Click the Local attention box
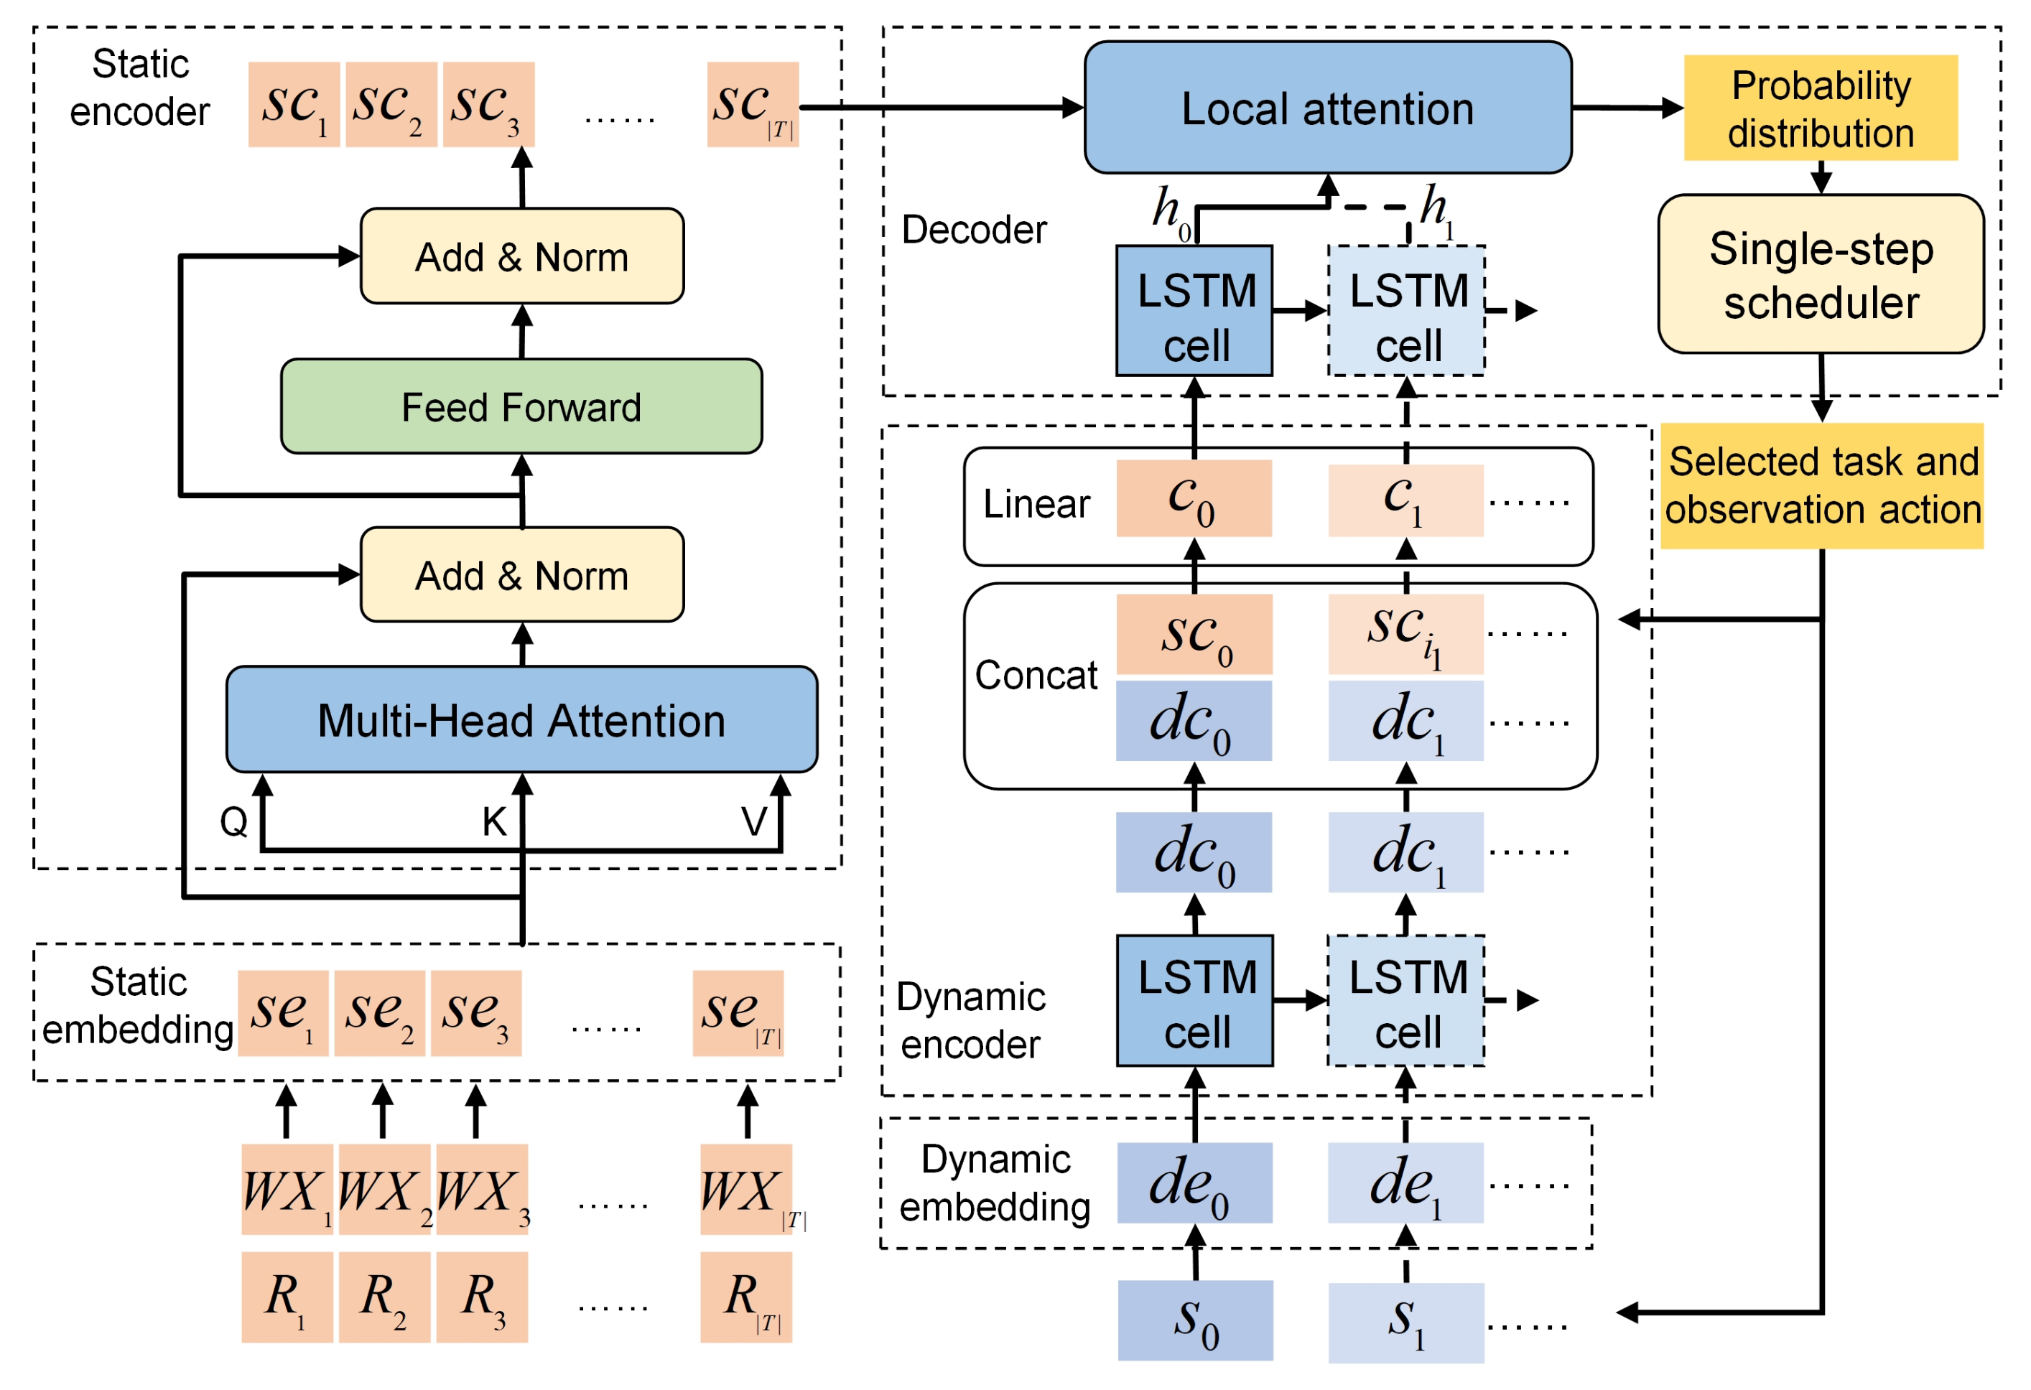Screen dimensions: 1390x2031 coord(1326,108)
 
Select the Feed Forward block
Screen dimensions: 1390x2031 coord(521,406)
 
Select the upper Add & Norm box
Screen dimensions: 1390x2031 coord(521,256)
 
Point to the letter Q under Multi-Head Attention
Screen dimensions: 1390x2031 coord(233,821)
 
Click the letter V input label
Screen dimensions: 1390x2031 coord(753,821)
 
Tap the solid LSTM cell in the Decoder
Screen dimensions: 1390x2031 coord(1194,310)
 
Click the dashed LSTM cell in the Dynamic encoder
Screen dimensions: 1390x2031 coord(1405,999)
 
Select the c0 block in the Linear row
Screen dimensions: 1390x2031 coord(1194,498)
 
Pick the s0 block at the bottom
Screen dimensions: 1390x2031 coord(1194,1319)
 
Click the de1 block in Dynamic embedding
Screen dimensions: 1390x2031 coord(1405,1182)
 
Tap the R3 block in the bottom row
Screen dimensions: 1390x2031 coord(481,1296)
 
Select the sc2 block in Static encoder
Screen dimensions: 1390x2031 coord(391,104)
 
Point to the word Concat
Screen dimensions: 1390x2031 coord(1036,674)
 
